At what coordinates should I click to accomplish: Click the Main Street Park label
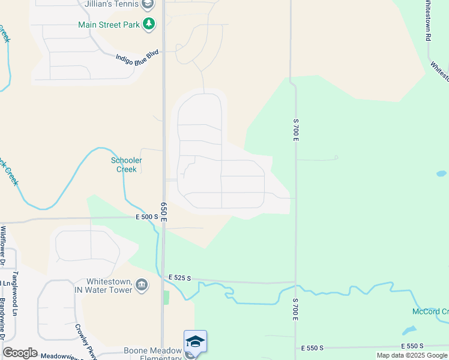tap(109, 25)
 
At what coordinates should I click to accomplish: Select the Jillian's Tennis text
tap(111, 4)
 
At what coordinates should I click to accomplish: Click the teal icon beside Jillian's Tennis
tap(148, 4)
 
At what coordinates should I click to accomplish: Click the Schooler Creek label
tap(126, 165)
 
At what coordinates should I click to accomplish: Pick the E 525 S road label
tap(179, 278)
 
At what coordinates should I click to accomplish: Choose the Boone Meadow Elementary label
tap(152, 354)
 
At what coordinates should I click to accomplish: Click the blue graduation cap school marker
tap(195, 342)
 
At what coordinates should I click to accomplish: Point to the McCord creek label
tap(430, 311)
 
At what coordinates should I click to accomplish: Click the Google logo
tap(20, 353)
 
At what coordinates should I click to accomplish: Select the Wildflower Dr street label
tap(3, 245)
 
